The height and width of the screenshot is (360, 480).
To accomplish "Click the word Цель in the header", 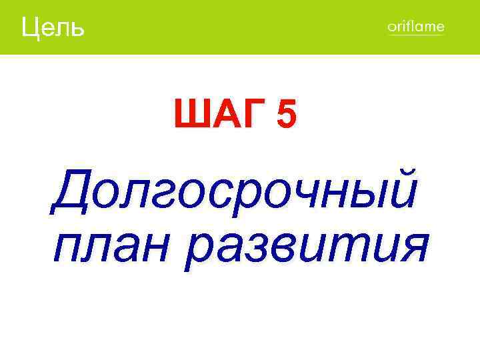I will [x=53, y=27].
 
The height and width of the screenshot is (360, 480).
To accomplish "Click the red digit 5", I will [x=286, y=114].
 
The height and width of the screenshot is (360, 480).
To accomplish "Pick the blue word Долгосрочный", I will [x=235, y=190].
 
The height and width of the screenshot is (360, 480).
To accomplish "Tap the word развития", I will [x=307, y=246].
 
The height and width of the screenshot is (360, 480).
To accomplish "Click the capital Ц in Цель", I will [x=31, y=28].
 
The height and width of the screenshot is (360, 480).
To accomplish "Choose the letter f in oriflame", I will [x=405, y=27].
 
